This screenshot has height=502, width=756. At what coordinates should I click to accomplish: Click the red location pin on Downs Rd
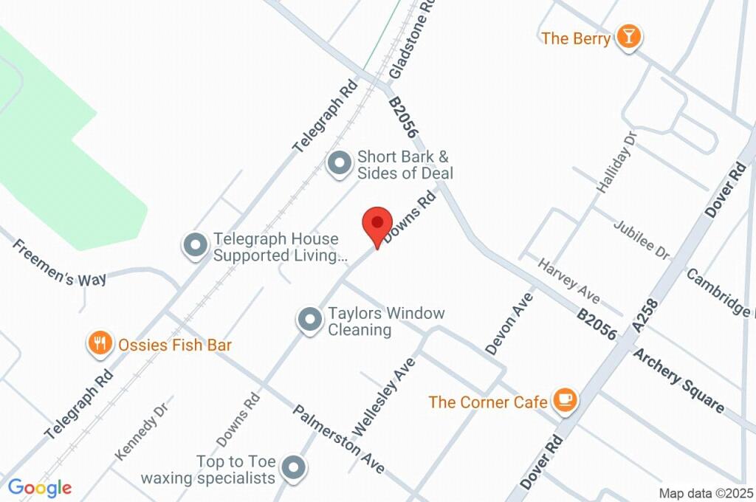point(377,223)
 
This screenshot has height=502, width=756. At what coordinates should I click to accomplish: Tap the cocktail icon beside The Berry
point(629,36)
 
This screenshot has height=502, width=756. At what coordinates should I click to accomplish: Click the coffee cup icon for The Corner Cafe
point(566,400)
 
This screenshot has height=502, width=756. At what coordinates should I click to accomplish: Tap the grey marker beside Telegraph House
point(196,246)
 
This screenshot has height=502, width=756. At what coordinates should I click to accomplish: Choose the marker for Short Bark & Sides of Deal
point(340,163)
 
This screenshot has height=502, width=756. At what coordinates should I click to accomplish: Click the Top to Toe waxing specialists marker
point(295,467)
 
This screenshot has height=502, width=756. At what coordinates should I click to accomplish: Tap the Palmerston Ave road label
point(339,439)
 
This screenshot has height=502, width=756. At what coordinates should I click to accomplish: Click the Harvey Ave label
point(568,286)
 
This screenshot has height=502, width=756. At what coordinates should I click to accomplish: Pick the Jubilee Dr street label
point(641,239)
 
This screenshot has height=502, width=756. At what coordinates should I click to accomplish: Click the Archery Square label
point(678,379)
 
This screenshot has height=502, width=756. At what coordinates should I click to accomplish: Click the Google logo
point(40,487)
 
